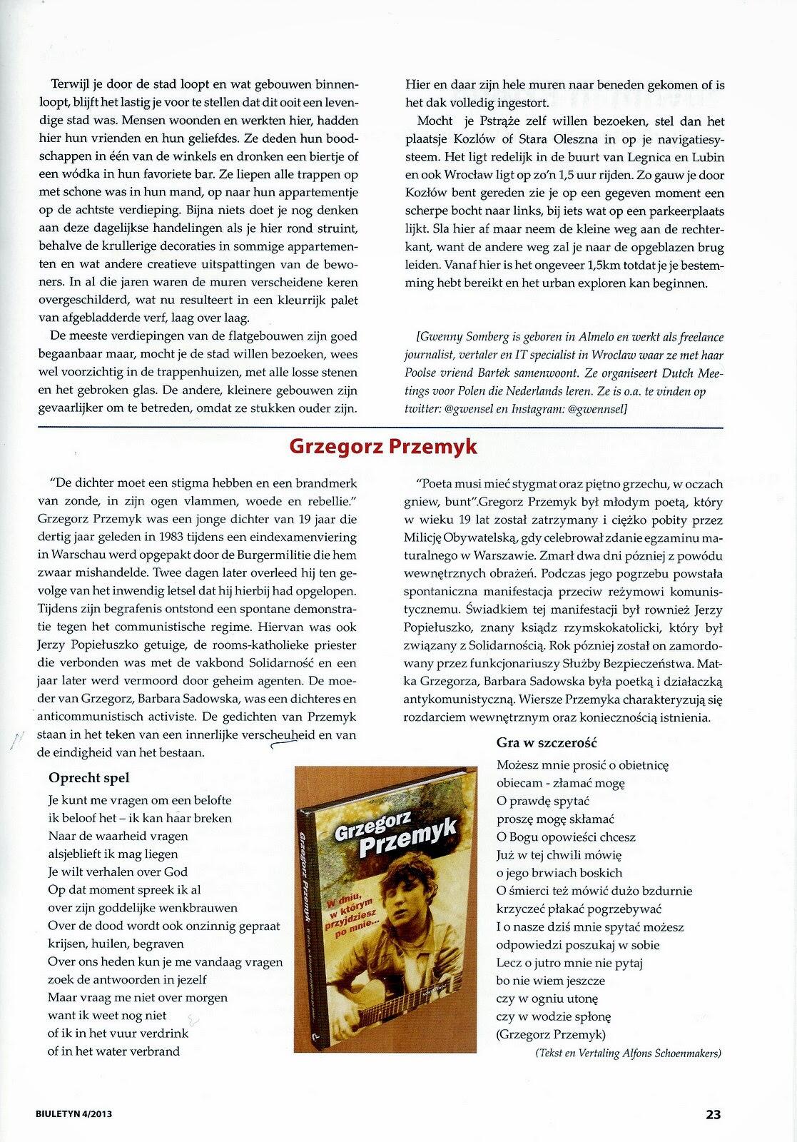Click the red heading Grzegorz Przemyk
pos(382,447)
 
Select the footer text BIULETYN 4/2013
pos(76,1113)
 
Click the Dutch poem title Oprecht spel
pos(89,778)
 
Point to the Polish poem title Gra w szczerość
pos(547,743)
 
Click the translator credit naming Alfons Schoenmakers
pos(629,1053)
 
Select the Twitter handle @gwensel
pos(472,409)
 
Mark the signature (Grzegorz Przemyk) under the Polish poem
pos(551,1035)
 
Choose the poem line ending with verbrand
pos(114,1051)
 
